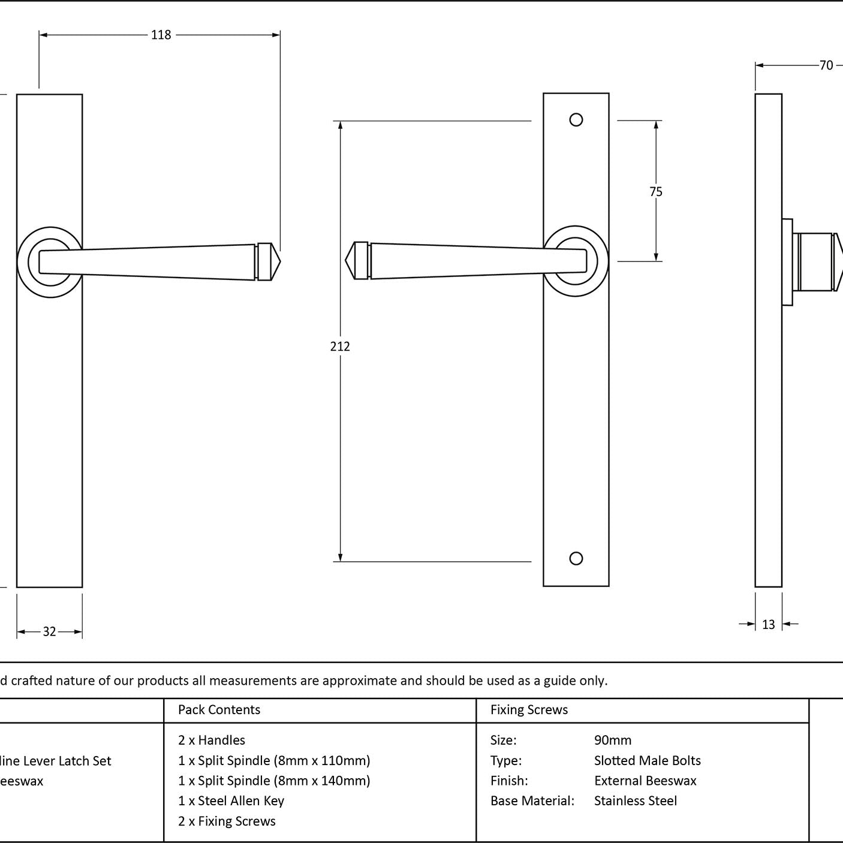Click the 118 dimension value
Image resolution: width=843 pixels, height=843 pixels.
[161, 35]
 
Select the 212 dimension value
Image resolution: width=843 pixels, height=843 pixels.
[340, 346]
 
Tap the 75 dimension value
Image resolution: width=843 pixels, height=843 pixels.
[656, 191]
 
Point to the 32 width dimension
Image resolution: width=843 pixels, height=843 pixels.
[49, 631]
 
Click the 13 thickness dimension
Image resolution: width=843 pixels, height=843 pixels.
[769, 625]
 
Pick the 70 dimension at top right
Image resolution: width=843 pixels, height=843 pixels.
[826, 65]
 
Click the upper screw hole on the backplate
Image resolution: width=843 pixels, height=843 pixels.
[576, 120]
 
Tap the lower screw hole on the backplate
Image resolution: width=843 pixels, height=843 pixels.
[576, 559]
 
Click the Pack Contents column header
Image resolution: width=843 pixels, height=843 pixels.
[219, 710]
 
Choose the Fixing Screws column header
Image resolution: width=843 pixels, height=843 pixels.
[529, 710]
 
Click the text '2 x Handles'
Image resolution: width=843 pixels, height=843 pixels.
[212, 740]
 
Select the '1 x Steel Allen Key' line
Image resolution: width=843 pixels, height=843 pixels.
[231, 801]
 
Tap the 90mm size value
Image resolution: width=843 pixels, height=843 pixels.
[612, 740]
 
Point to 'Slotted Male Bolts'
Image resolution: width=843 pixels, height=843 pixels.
[647, 760]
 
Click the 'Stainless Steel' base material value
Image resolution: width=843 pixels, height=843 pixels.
[635, 801]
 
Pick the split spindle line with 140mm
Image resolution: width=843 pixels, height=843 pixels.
[274, 781]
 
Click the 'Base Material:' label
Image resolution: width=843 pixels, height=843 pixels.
[532, 801]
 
